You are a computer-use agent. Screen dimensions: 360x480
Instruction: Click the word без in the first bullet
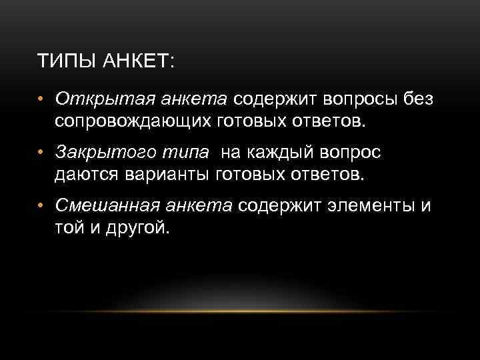pyautogui.click(x=417, y=100)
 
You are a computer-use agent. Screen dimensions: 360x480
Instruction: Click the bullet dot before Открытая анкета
pyautogui.click(x=41, y=101)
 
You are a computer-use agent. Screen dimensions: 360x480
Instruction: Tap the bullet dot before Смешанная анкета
pyautogui.click(x=41, y=207)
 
